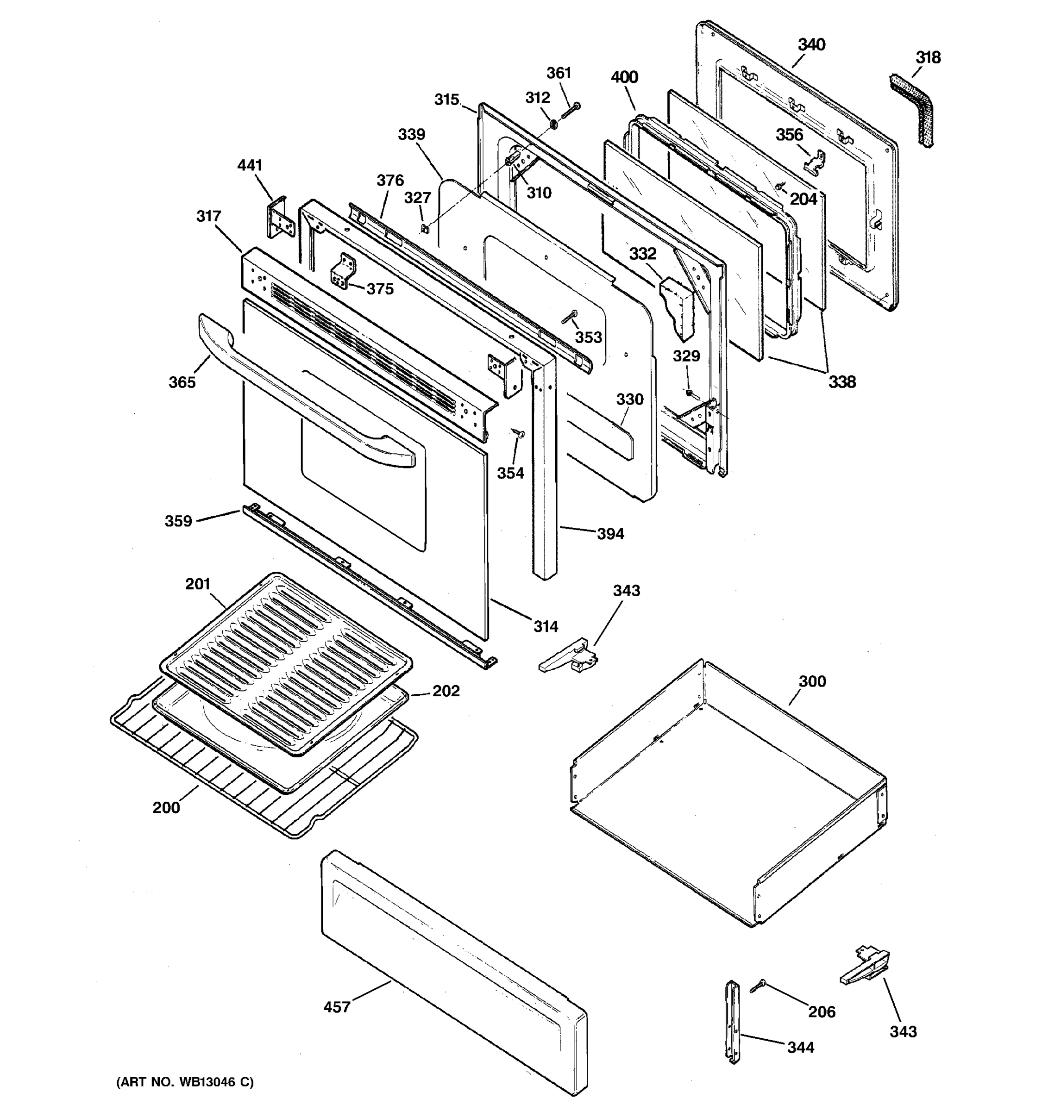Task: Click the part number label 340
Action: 810,45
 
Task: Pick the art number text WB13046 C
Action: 184,1082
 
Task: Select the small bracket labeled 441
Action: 278,218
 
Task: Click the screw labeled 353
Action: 569,317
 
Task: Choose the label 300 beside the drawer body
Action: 812,681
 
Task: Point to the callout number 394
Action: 610,534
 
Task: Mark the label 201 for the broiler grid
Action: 197,584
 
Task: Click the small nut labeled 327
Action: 425,228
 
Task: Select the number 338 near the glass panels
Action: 841,382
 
